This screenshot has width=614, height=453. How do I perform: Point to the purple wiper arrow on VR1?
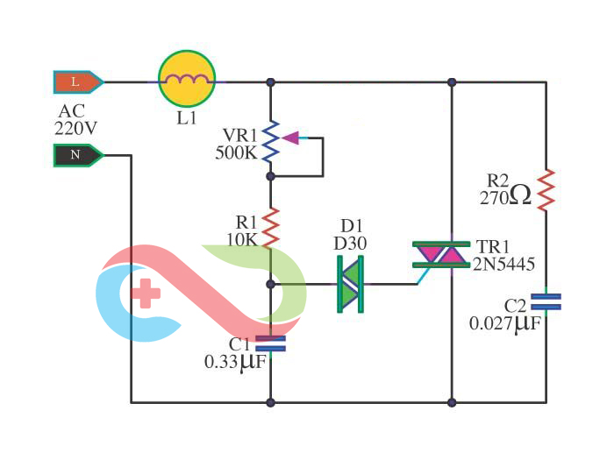pos(290,137)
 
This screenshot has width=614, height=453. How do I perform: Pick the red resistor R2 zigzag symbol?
pos(546,189)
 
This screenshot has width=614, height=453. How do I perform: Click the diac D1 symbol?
pos(351,284)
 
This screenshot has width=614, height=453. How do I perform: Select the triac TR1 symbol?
pos(442,254)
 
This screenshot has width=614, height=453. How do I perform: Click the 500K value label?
pos(236,153)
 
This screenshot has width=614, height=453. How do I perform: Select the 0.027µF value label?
pos(504,323)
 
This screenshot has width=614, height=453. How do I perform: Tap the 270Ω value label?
pos(505,197)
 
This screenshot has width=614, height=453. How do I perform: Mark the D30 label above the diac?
pos(351,243)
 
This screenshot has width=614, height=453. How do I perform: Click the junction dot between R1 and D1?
pos(271,284)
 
